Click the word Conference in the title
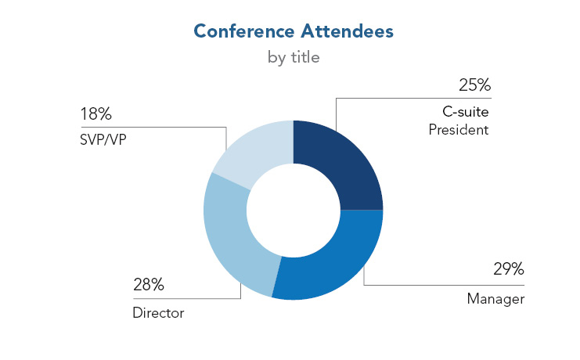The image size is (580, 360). (244, 31)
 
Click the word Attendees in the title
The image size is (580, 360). (347, 31)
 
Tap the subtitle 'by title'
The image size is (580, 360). (294, 58)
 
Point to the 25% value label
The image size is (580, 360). (474, 85)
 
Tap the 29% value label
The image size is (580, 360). (509, 269)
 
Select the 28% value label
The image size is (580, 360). (149, 285)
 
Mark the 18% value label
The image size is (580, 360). (95, 114)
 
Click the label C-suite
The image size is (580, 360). (466, 112)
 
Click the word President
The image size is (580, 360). (459, 130)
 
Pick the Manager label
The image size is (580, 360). (495, 299)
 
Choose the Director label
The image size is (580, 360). (158, 313)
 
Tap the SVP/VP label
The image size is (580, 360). (103, 139)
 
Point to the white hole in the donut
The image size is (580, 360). (294, 211)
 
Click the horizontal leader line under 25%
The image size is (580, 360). (413, 98)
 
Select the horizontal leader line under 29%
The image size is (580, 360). (444, 285)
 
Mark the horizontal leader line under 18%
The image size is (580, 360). (153, 128)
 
